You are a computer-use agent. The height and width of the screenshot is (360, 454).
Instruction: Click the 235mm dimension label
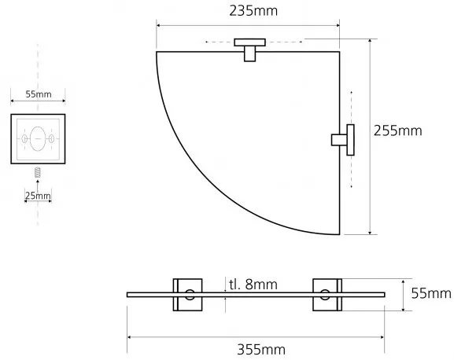(253, 11)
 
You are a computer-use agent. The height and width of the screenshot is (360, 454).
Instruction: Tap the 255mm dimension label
(397, 130)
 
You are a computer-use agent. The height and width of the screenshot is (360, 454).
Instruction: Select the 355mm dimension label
(261, 350)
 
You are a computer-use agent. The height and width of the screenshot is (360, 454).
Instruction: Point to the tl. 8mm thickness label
(253, 285)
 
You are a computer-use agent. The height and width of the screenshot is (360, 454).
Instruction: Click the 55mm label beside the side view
(431, 293)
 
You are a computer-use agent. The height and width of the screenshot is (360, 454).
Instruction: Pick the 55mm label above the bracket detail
(39, 94)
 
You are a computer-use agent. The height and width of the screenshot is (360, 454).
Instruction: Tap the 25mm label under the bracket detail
(38, 196)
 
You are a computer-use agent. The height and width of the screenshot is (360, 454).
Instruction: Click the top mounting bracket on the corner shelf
(250, 50)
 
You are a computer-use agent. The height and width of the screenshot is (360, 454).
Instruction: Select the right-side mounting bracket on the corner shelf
(343, 140)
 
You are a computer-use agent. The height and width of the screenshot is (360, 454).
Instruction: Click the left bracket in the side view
(187, 295)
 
